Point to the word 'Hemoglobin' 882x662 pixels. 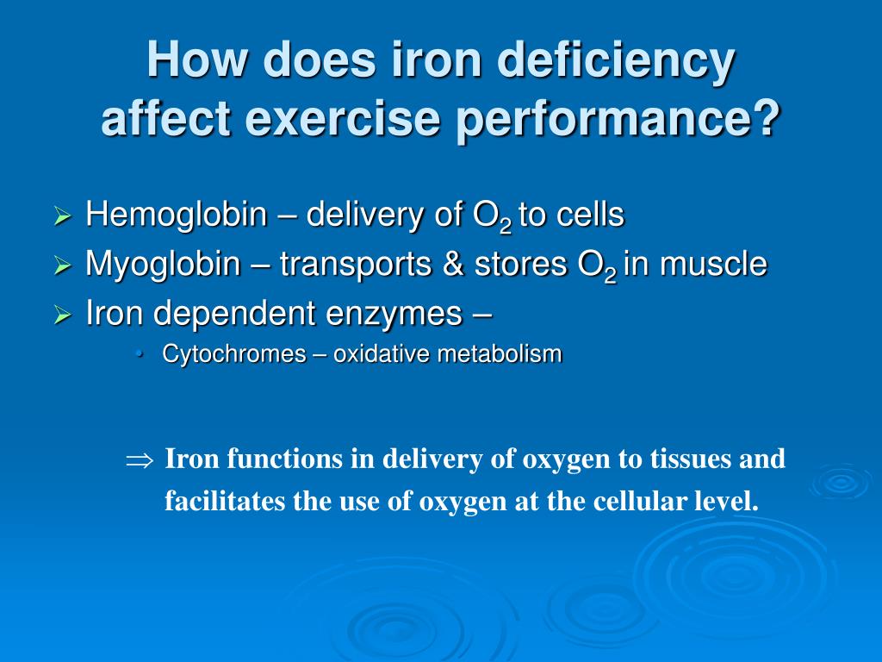tap(177, 215)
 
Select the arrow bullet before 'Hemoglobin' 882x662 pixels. tap(62, 216)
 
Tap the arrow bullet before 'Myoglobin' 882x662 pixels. tap(62, 266)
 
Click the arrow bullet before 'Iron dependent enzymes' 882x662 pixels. tap(62, 316)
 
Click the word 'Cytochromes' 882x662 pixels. tap(222, 354)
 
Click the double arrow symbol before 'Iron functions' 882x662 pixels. tap(138, 460)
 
